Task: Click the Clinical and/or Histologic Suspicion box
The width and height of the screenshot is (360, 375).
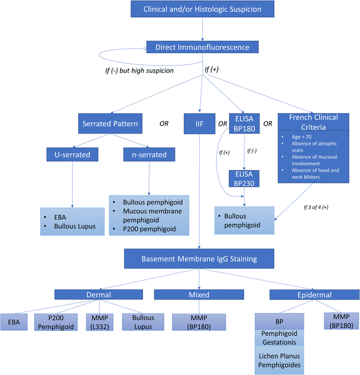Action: tap(203, 9)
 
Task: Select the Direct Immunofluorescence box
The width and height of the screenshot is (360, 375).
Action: tap(203, 47)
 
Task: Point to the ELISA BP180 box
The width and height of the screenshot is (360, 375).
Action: tap(245, 125)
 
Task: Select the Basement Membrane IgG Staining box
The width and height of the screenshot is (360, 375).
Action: tap(199, 257)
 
